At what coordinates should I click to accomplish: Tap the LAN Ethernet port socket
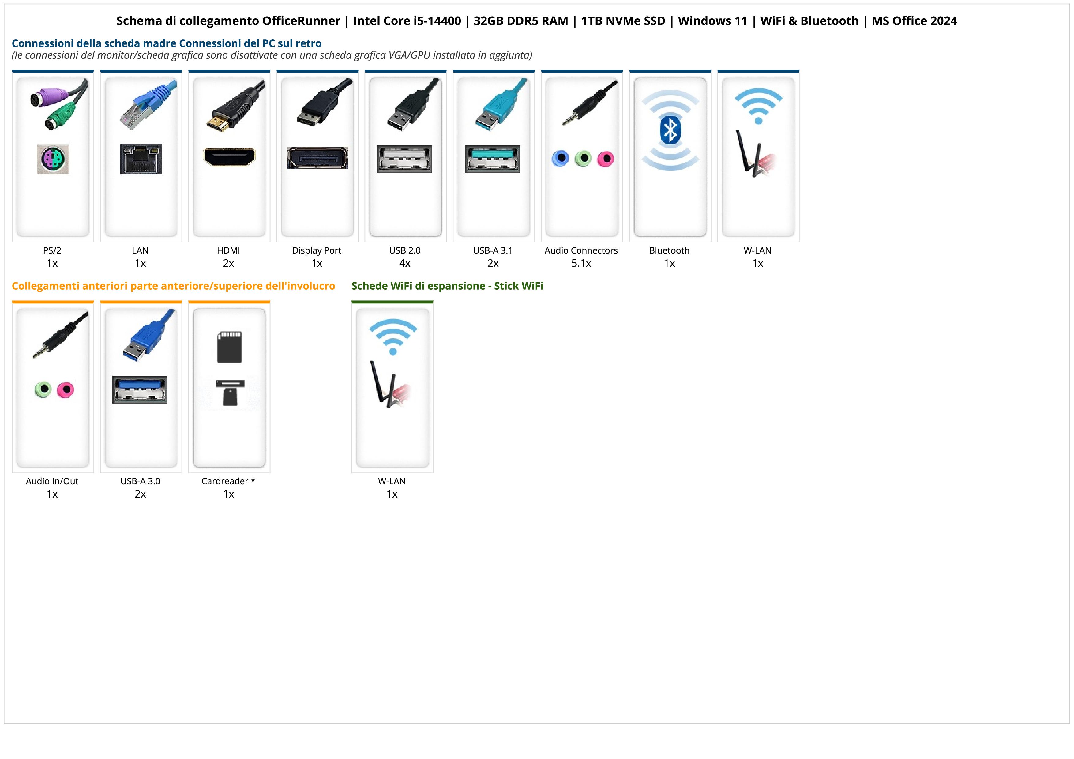click(141, 159)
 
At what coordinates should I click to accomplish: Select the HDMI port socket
click(229, 157)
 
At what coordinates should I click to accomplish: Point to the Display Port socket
click(317, 158)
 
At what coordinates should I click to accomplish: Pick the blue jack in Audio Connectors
click(560, 159)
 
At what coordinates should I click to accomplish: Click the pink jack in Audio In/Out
click(66, 389)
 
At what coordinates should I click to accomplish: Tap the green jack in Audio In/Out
click(43, 389)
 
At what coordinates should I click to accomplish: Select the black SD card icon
click(229, 347)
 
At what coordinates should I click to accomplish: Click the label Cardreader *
click(228, 481)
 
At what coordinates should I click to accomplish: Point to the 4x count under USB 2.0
click(405, 263)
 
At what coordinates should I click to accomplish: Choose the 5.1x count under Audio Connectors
click(581, 263)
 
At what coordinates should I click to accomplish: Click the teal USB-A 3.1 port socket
click(493, 159)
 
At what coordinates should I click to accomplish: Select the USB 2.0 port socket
click(405, 159)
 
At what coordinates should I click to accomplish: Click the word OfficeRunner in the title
click(301, 21)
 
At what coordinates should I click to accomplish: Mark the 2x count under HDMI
click(228, 263)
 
